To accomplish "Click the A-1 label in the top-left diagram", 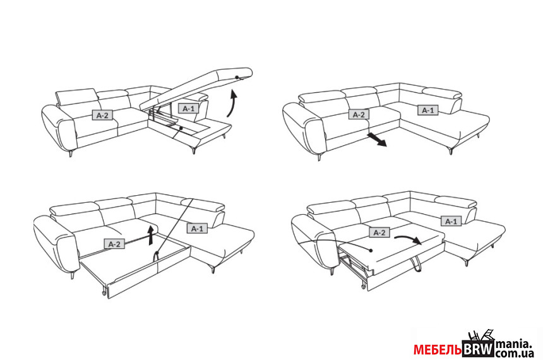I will click(189, 109).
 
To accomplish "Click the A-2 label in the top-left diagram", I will click(102, 115).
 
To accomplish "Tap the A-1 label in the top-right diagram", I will click(428, 111).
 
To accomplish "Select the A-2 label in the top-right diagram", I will click(359, 114).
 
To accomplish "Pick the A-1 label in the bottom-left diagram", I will click(196, 229).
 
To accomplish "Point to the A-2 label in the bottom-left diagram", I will click(114, 243).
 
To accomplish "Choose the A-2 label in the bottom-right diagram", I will click(379, 233).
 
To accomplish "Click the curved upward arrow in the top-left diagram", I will click(232, 104).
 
